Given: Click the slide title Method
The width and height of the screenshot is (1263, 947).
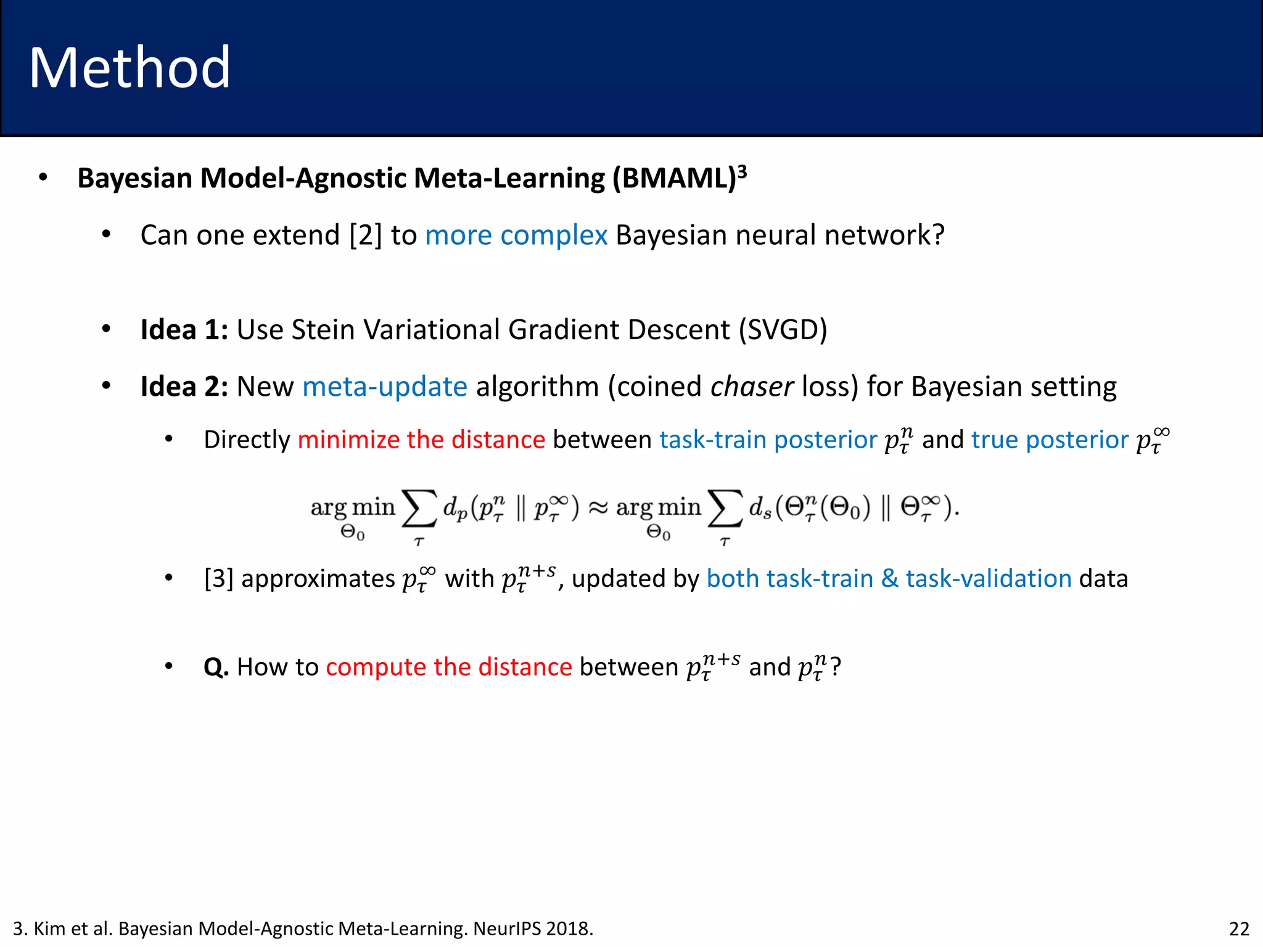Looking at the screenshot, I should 130,68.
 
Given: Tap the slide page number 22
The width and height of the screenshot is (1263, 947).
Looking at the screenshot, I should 1239,929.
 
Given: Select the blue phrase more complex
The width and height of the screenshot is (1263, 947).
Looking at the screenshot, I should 516,236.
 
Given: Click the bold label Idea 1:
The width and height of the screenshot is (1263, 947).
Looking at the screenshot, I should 184,330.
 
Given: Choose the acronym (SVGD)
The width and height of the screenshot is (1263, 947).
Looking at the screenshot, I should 783,330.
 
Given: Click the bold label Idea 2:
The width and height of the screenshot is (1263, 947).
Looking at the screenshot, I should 184,387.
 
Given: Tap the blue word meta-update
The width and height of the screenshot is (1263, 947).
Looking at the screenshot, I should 385,387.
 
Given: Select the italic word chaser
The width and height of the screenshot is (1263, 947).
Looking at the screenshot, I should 752,387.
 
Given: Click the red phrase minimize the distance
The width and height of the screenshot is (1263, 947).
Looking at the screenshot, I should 421,440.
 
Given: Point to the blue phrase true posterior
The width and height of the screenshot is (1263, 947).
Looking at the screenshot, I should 1050,440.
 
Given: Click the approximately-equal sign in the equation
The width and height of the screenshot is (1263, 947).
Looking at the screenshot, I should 598,507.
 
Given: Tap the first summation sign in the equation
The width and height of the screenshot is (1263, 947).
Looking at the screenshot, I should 419,509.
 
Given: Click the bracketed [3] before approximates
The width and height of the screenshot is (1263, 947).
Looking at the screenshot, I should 218,579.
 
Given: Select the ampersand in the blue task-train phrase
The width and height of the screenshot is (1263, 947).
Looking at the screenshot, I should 889,579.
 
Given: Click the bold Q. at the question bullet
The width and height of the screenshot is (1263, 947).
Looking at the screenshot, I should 216,667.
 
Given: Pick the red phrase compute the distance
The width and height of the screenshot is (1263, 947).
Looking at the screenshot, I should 449,667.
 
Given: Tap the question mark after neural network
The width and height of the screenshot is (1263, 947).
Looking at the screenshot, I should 937,236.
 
